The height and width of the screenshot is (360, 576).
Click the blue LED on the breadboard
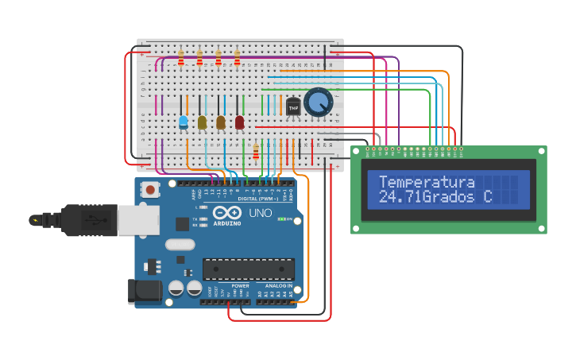(x=184, y=122)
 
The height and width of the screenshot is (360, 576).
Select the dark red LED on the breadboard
(x=239, y=122)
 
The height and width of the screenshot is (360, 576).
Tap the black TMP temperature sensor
(x=293, y=106)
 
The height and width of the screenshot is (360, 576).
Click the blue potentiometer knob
(x=318, y=102)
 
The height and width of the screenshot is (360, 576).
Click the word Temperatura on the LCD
(x=427, y=182)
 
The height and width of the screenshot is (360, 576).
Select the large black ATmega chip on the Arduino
(x=248, y=269)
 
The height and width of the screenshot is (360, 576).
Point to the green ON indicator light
(x=281, y=219)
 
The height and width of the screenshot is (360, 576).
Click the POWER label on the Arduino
(x=240, y=285)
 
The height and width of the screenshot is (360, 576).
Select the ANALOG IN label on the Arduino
(x=278, y=285)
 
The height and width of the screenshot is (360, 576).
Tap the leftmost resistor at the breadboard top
(x=181, y=59)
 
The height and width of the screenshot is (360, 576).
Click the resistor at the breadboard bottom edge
(x=255, y=151)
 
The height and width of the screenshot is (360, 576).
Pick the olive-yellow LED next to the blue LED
(x=202, y=122)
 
